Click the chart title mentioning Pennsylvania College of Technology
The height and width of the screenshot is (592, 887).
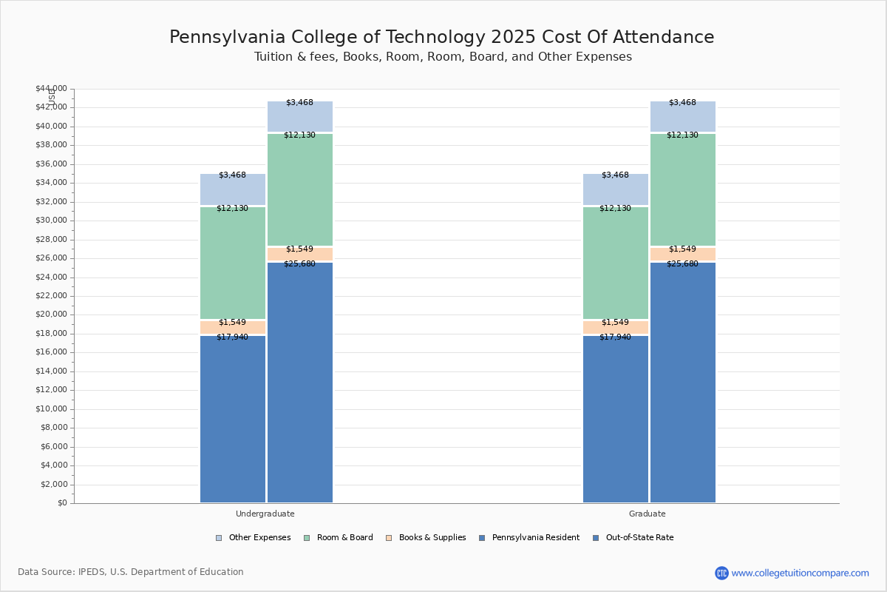[x=441, y=38]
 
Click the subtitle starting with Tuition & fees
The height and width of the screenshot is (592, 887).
[x=443, y=57]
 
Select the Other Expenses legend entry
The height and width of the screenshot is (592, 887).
[x=259, y=538]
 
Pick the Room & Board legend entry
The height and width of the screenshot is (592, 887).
[x=344, y=538]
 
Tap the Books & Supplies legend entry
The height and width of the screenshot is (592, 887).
[x=432, y=538]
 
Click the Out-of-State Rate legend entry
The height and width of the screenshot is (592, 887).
[x=639, y=538]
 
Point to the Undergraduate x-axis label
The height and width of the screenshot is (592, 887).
[x=265, y=514]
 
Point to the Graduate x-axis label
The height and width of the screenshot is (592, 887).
[x=648, y=514]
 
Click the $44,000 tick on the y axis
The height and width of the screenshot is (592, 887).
[x=51, y=89]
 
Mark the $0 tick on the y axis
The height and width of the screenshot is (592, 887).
[x=61, y=503]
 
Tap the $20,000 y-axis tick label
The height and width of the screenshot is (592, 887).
[x=51, y=314]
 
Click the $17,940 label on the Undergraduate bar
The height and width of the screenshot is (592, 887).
[x=232, y=337]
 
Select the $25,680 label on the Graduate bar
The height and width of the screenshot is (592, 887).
[x=682, y=264]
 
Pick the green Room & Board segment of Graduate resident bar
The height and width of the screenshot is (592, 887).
[x=616, y=263]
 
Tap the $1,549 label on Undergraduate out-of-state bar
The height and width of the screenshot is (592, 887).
[x=299, y=249]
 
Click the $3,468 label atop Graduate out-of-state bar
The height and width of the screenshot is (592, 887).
[x=682, y=103]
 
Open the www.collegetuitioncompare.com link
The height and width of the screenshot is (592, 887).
[x=800, y=573]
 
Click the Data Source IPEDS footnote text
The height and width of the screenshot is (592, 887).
[x=131, y=572]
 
